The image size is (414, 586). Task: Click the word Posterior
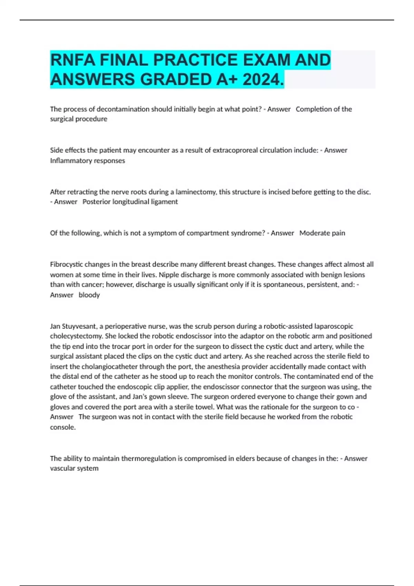96,202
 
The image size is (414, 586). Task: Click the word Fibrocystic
66,264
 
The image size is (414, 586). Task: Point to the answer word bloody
89,295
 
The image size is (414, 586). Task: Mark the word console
62,427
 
